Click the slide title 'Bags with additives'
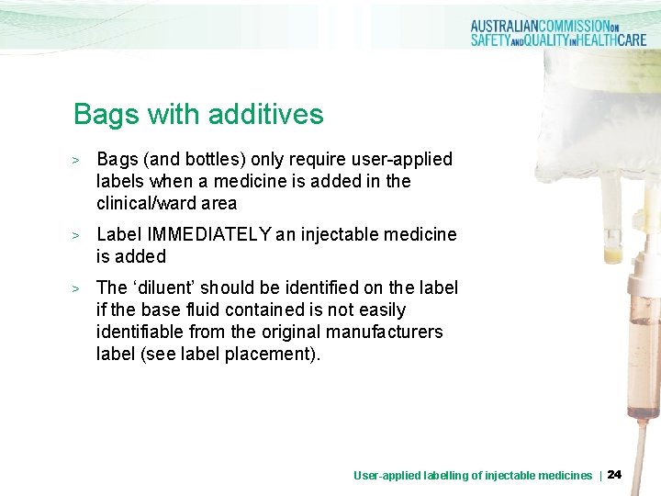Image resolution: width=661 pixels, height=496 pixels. (x=198, y=115)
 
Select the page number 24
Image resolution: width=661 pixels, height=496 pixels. (x=615, y=474)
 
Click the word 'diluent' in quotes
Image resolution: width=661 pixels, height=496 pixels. (x=169, y=287)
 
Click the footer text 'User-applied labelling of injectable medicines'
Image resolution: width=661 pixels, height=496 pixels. (x=473, y=475)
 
